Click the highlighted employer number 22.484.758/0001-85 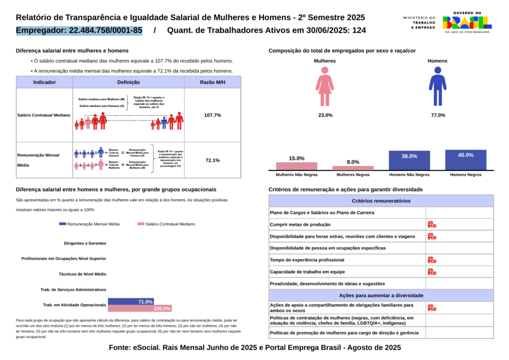click(80, 30)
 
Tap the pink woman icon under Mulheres click(325, 87)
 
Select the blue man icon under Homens click(437, 87)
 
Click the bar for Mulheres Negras click(353, 168)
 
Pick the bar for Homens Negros click(466, 160)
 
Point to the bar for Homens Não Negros click(409, 160)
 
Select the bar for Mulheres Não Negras click(297, 166)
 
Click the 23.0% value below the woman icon click(325, 115)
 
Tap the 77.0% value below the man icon click(438, 115)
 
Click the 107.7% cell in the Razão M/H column click(212, 115)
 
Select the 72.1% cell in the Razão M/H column click(212, 160)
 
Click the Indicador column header click(44, 82)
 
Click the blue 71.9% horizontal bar click(131, 301)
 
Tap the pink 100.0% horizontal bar click(140, 308)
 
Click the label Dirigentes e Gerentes click(85, 244)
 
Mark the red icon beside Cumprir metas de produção click(432, 225)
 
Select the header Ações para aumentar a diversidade click(381, 295)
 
